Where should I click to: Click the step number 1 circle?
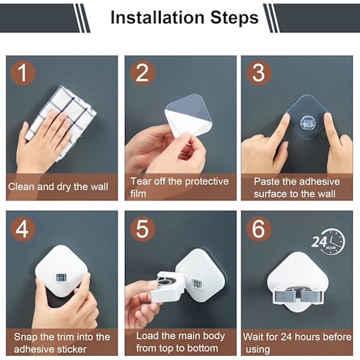(23, 73)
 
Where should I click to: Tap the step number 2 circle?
(142, 73)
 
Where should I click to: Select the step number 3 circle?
(259, 73)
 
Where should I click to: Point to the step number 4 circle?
(23, 229)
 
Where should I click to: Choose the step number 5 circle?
(142, 229)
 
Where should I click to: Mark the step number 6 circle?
(259, 229)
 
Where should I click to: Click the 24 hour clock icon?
(328, 242)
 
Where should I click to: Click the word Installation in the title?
(157, 17)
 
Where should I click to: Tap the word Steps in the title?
(235, 18)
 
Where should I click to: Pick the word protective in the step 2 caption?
(207, 182)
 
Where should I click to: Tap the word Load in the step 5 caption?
(147, 336)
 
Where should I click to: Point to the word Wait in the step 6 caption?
(253, 337)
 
